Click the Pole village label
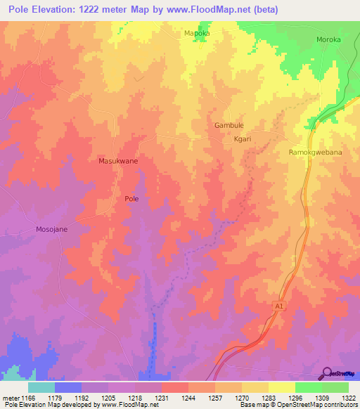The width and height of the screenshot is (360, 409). tap(131, 199)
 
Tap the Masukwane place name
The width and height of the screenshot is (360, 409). tap(117, 161)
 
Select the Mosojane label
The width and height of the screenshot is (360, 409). tap(51, 230)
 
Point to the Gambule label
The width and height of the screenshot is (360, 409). tap(229, 125)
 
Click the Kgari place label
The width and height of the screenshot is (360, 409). tap(243, 139)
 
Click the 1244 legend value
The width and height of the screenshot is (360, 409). tap(188, 398)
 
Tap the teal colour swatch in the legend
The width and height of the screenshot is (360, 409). tap(41, 387)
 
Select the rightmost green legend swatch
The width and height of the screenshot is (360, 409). tap(335, 387)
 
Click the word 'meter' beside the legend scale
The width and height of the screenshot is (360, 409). tap(10, 398)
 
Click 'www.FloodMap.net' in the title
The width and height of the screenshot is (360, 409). tap(215, 10)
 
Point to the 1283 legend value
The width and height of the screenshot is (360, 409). tap(268, 398)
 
